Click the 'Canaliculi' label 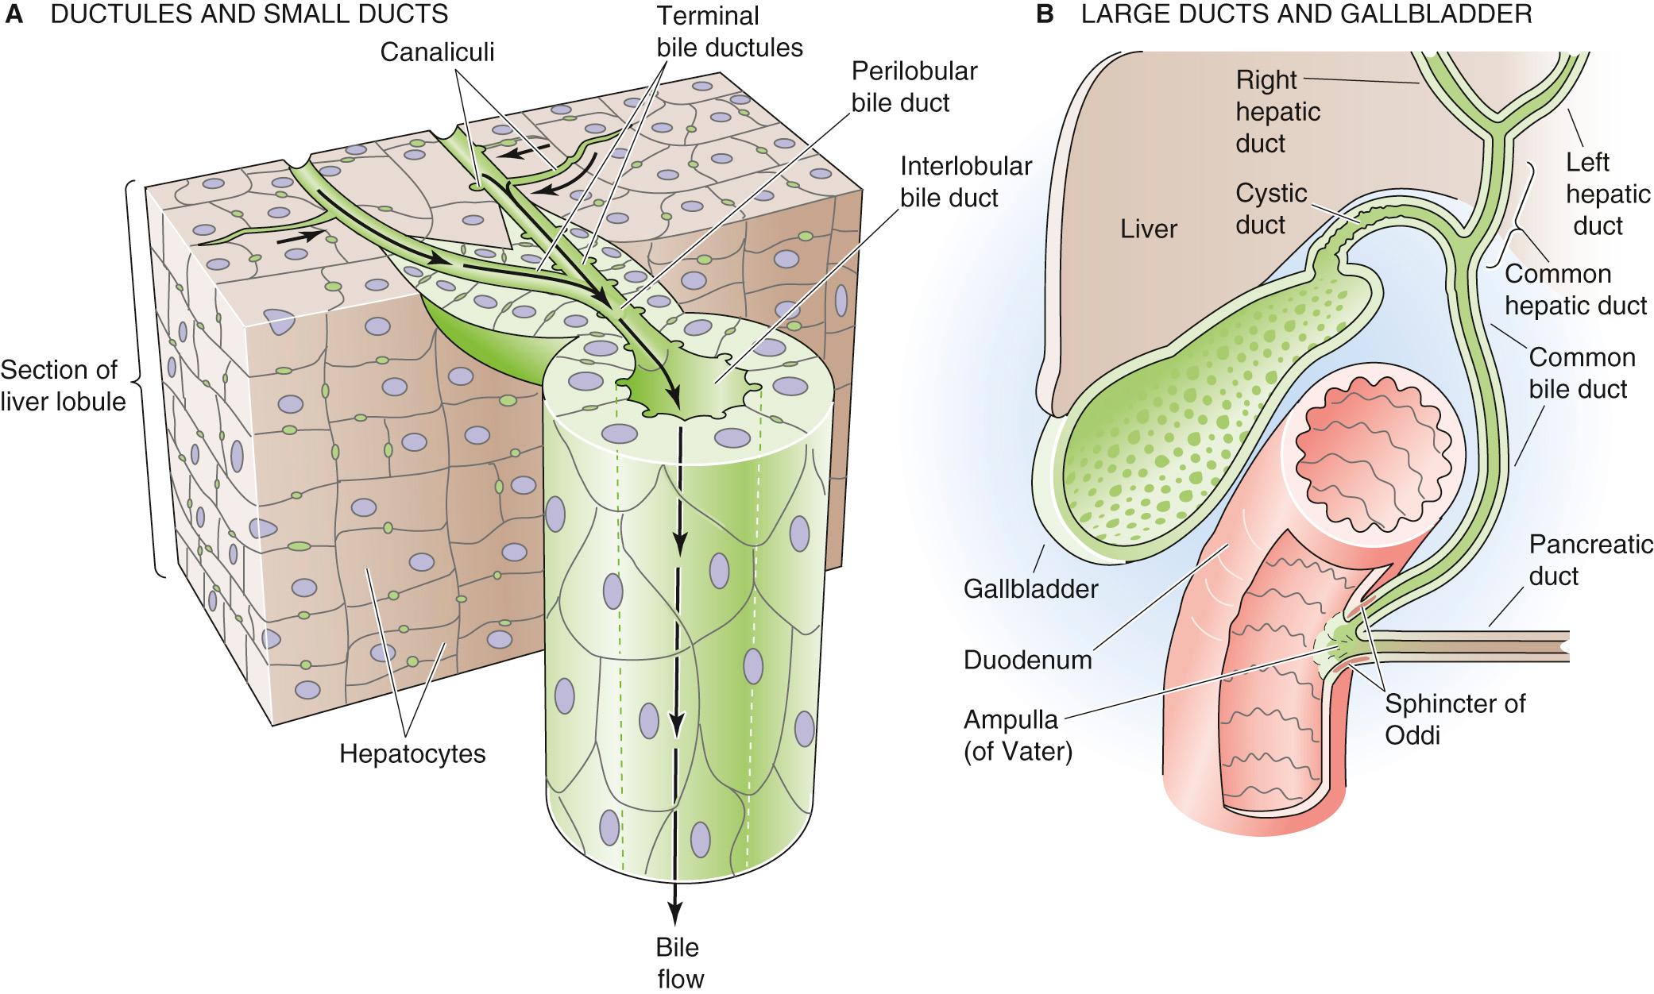point(437,52)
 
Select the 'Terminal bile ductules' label point(729,32)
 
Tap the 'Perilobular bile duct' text point(914,87)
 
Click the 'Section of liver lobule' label point(63,386)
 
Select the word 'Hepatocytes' point(412,753)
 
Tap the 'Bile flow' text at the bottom point(679,962)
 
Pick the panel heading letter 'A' point(13,13)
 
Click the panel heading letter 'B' point(1045,13)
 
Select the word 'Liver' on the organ point(1149,229)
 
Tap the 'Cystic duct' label point(1270,209)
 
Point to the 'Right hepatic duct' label point(1277,112)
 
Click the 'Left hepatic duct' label point(1597,195)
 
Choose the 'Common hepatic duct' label point(1575,290)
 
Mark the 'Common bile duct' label point(1581,373)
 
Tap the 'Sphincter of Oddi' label point(1454,719)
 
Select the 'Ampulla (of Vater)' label point(1017,735)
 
